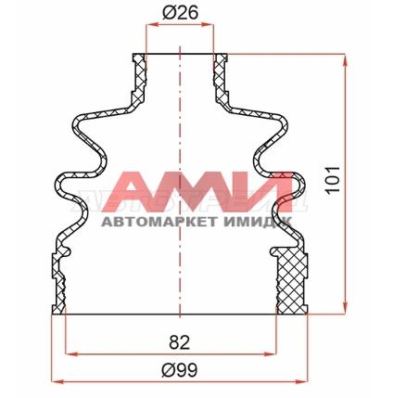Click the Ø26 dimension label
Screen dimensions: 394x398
click(180, 13)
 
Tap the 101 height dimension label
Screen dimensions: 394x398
click(333, 179)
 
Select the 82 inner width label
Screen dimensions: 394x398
click(179, 342)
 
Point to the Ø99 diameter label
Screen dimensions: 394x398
click(179, 369)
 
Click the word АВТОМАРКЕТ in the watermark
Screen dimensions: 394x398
click(159, 222)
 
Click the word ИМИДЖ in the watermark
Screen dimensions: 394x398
click(258, 222)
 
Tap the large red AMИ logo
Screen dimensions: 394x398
click(197, 192)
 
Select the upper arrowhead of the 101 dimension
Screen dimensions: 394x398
click(345, 60)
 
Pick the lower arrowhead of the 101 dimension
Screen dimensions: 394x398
click(345, 309)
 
